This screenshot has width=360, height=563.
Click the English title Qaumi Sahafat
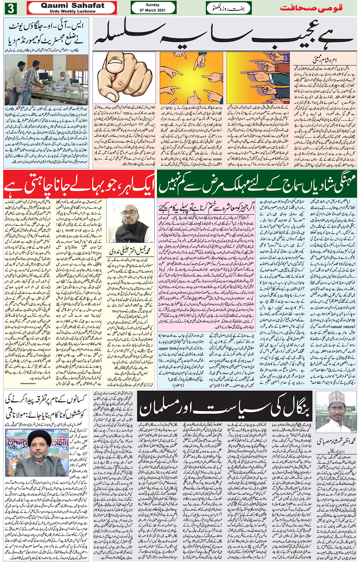point(72,5)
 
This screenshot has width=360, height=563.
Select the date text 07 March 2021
point(153,10)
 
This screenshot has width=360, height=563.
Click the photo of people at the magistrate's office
point(46,80)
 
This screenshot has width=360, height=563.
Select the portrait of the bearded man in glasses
point(130,222)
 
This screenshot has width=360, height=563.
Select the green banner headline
point(257,184)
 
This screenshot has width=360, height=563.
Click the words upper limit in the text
point(168,348)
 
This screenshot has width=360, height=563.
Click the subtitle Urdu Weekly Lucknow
point(72,11)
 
